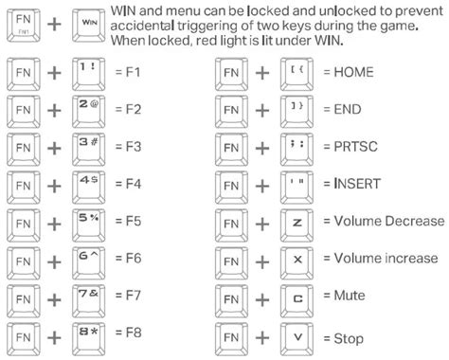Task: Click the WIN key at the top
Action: pyautogui.click(x=89, y=26)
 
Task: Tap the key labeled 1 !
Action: pyautogui.click(x=89, y=74)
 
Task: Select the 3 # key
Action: pyautogui.click(x=89, y=149)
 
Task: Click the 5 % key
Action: pyautogui.click(x=89, y=225)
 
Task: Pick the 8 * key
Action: pyautogui.click(x=89, y=339)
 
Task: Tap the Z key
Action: pyautogui.click(x=296, y=225)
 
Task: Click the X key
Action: pyautogui.click(x=296, y=262)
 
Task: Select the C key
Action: pyautogui.click(x=296, y=300)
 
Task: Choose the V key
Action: pyautogui.click(x=296, y=339)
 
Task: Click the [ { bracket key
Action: pyautogui.click(x=296, y=74)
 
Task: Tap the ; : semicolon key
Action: pyautogui.click(x=296, y=149)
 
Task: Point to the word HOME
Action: pyautogui.click(x=353, y=72)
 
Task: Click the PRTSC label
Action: pyautogui.click(x=356, y=147)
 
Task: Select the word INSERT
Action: pyautogui.click(x=357, y=184)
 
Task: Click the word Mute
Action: pyautogui.click(x=350, y=296)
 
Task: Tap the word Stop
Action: pyautogui.click(x=349, y=339)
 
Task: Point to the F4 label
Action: pyautogui.click(x=134, y=184)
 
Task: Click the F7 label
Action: pyautogui.click(x=134, y=296)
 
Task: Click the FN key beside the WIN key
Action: pyautogui.click(x=24, y=26)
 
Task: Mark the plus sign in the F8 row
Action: pyautogui.click(x=54, y=337)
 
